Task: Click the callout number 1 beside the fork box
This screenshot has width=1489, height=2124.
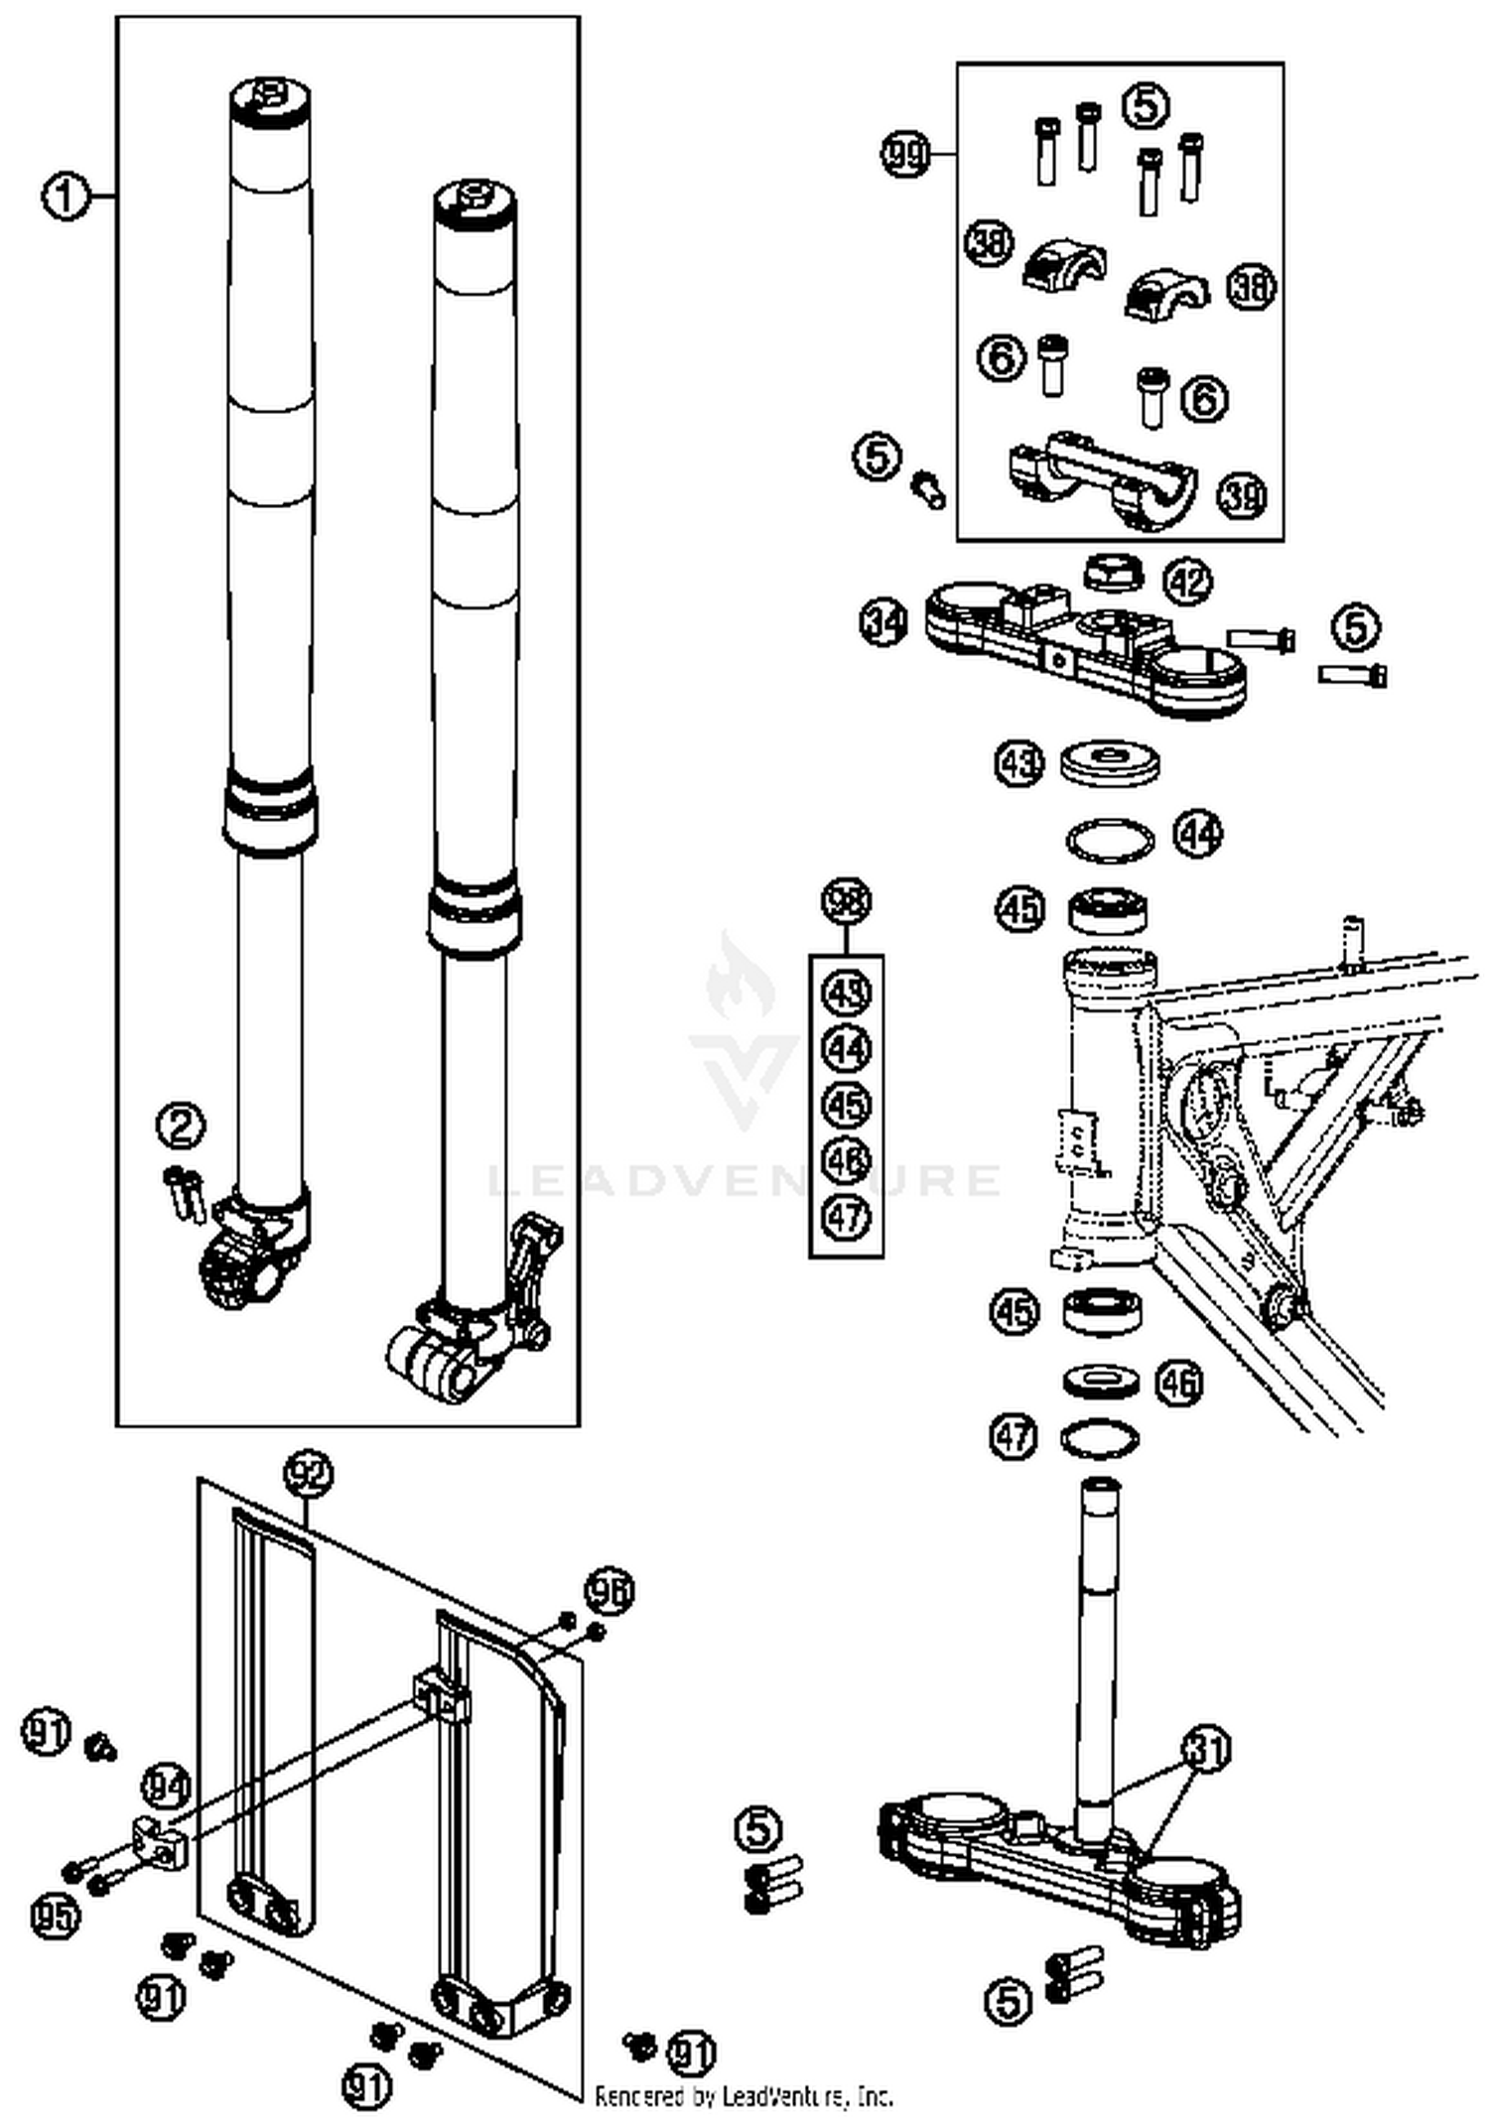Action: click(x=65, y=197)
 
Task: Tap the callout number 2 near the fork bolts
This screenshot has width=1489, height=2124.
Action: click(x=181, y=1126)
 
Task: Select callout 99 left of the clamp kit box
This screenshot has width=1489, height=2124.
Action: click(x=905, y=154)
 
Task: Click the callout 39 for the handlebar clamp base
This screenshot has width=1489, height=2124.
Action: click(x=1243, y=494)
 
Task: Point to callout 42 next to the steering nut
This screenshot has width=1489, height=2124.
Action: click(x=1187, y=581)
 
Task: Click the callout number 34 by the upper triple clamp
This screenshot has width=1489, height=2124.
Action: click(x=882, y=623)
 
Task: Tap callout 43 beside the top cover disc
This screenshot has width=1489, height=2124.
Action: click(x=1019, y=764)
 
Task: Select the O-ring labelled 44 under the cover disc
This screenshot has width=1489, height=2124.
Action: click(x=1110, y=841)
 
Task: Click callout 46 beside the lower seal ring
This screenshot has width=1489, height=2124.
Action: click(x=1178, y=1382)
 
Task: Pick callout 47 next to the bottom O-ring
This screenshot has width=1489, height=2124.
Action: click(x=1014, y=1436)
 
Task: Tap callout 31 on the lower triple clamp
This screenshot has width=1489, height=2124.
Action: click(x=1206, y=1749)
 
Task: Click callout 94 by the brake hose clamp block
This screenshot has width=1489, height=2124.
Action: click(x=166, y=1787)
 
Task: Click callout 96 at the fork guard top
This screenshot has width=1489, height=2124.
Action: click(x=609, y=1591)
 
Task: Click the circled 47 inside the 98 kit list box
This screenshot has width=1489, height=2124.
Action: click(x=847, y=1217)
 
